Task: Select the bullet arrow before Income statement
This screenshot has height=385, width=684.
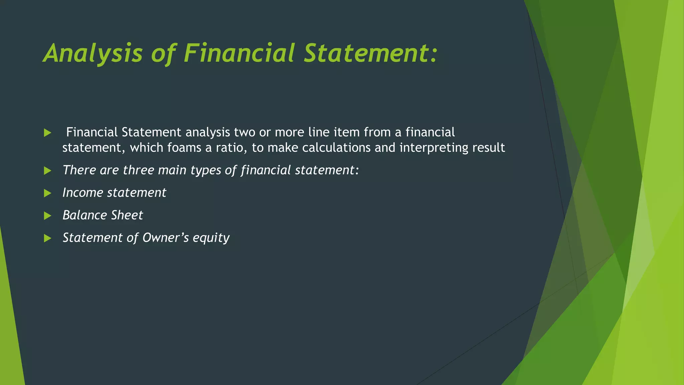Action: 47,193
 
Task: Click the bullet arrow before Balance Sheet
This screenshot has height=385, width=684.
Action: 47,216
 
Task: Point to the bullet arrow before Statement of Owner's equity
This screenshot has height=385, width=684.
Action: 47,238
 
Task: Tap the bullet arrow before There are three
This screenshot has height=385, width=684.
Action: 47,171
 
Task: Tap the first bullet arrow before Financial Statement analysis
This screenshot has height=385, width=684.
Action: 47,133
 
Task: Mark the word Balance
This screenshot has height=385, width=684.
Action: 85,215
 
